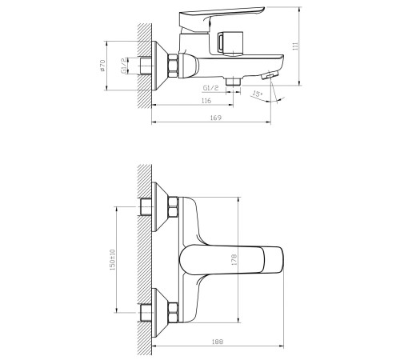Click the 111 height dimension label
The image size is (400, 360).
(x=295, y=46)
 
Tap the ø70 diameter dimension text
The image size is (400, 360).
(x=102, y=66)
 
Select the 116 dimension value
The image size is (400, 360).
(x=206, y=101)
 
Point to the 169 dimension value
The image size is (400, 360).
(x=216, y=118)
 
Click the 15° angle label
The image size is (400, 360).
(x=258, y=94)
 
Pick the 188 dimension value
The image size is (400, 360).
(x=218, y=342)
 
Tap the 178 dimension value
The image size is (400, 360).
(x=234, y=259)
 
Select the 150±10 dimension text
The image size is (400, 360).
(x=112, y=260)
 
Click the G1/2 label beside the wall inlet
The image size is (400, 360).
(x=124, y=66)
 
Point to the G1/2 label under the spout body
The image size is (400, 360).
(x=210, y=88)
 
